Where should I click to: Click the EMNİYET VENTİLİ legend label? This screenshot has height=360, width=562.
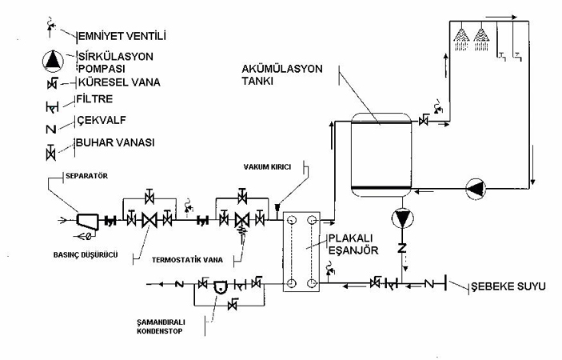click(x=122, y=36)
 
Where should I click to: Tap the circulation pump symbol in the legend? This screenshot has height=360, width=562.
click(x=53, y=61)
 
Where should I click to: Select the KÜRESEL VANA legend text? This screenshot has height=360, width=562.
click(x=119, y=82)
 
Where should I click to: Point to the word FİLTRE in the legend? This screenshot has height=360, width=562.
click(x=94, y=99)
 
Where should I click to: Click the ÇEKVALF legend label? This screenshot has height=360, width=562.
click(x=102, y=120)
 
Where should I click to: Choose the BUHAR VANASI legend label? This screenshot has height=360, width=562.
click(x=115, y=142)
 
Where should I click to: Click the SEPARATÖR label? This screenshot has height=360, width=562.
click(x=86, y=176)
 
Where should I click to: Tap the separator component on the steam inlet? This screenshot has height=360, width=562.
click(x=87, y=222)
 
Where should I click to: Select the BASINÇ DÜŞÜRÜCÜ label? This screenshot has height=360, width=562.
click(x=86, y=255)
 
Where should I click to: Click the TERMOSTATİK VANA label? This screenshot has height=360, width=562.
click(x=187, y=260)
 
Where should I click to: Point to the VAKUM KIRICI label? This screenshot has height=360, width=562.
click(x=267, y=167)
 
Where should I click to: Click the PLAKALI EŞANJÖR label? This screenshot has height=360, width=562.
click(x=353, y=244)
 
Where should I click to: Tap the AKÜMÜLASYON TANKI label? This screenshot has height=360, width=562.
click(x=282, y=74)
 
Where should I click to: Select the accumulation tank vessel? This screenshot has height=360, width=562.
click(x=381, y=155)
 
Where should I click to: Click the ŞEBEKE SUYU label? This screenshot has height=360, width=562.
click(x=508, y=286)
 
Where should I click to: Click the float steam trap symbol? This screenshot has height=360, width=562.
click(x=221, y=286)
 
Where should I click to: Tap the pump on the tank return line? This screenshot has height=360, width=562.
click(x=476, y=188)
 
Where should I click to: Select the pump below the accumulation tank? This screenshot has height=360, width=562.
click(x=402, y=218)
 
